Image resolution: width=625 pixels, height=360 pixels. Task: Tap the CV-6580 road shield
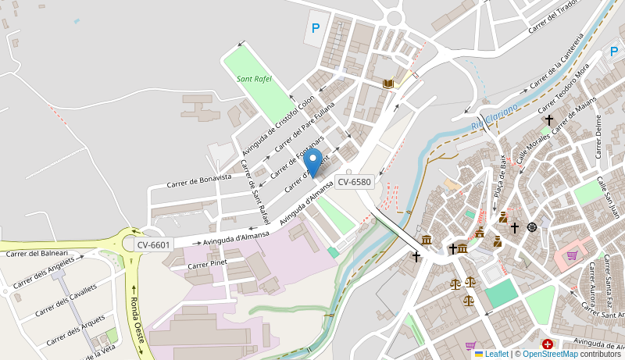[354, 182]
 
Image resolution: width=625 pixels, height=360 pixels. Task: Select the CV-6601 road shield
[153, 245]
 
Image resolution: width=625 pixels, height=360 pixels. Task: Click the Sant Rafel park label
[254, 79]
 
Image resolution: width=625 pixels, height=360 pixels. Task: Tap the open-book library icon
[388, 84]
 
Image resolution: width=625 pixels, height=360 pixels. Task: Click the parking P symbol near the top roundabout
[316, 28]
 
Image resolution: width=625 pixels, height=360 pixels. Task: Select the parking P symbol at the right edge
[614, 52]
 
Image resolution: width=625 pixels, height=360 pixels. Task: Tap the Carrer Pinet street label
[207, 264]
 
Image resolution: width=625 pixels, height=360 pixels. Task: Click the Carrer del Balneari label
[37, 253]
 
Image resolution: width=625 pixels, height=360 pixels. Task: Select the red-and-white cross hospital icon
[548, 344]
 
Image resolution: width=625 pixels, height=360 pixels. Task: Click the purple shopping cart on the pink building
[572, 255]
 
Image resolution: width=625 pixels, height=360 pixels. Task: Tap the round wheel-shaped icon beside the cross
[532, 227]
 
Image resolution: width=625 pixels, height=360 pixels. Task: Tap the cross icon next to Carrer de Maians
[549, 120]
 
